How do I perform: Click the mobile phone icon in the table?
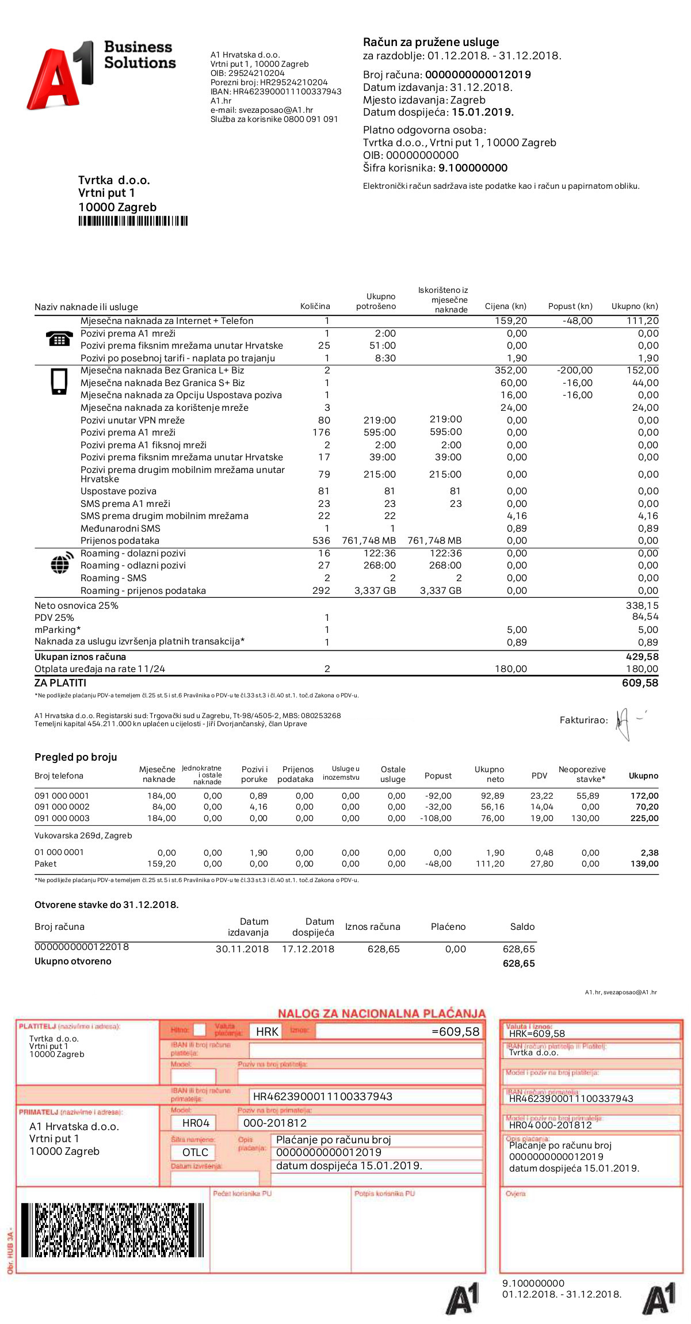coord(59,381)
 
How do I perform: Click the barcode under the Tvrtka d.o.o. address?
coord(133,221)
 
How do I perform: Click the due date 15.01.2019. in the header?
coord(482,112)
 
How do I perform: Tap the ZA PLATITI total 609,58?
coord(640,683)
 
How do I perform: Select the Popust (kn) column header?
coord(570,306)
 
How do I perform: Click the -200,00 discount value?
coord(574,371)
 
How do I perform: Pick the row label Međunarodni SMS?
coord(120,528)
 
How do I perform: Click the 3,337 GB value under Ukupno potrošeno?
coord(375,590)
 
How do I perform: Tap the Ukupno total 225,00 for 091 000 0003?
coord(644,818)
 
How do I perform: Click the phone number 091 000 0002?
coord(62,807)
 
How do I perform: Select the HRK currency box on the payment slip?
coord(267,1032)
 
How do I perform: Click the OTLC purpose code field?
coord(195,1152)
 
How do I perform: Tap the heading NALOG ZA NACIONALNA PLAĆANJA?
coord(381,1013)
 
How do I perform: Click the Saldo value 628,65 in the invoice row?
coord(518,949)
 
